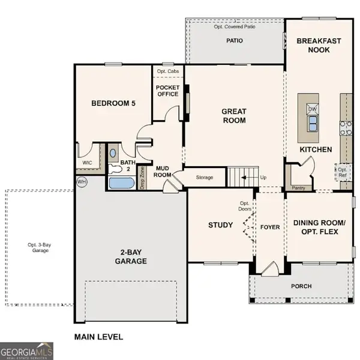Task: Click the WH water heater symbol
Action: [81, 181]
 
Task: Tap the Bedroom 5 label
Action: [113, 104]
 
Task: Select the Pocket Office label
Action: [167, 91]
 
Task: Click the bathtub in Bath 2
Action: [122, 182]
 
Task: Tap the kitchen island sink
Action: [313, 124]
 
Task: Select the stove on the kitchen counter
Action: [346, 127]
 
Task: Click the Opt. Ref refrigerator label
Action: [342, 172]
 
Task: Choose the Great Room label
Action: [234, 115]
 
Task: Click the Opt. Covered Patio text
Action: [234, 27]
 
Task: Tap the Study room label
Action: [220, 225]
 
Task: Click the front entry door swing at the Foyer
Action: [268, 267]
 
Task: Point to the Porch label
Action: [301, 286]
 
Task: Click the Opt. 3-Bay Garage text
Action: [38, 247]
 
